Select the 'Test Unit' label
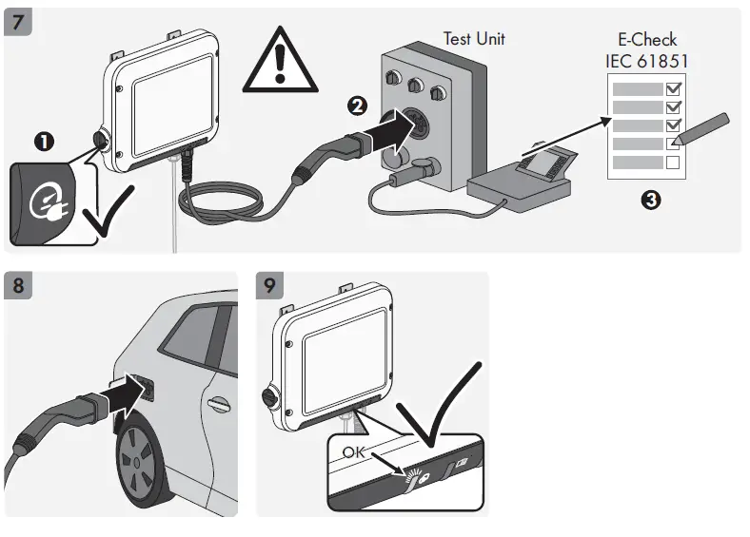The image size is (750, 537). (x=474, y=39)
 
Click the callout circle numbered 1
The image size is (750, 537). (x=44, y=143)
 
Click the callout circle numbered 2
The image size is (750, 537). (x=356, y=106)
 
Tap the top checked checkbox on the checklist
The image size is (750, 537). (x=674, y=88)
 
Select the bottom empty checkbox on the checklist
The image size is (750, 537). (x=674, y=163)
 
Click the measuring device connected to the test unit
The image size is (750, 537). (x=518, y=181)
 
